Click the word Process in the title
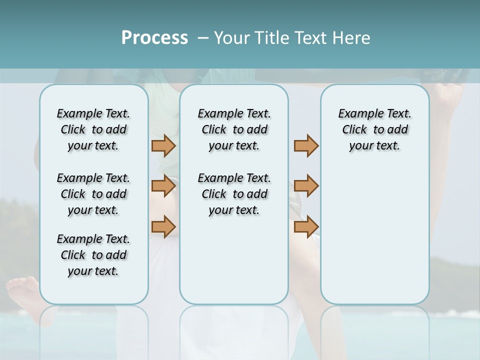pos(154,38)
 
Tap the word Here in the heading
pos(352,38)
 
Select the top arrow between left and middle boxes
pos(163,145)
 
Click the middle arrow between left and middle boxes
pos(163,186)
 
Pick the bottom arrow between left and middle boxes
pos(163,226)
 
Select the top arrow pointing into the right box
pos(306,145)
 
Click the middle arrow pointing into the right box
pos(306,186)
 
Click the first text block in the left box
pos(93,129)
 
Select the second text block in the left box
pos(93,194)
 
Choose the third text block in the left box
pos(93,255)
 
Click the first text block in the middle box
pos(234,129)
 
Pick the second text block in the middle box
pos(234,194)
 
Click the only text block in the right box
pos(374,129)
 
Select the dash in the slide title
pos(203,38)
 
